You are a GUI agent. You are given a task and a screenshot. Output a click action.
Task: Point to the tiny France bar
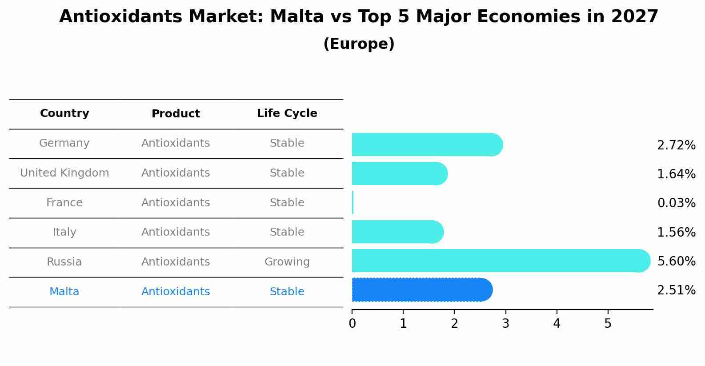click(353, 203)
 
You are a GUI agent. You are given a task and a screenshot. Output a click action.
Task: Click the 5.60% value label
click(676, 261)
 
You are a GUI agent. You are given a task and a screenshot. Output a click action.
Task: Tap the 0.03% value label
click(676, 203)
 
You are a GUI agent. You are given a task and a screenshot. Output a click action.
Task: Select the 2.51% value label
click(676, 290)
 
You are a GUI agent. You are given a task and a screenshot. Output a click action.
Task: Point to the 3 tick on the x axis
click(505, 324)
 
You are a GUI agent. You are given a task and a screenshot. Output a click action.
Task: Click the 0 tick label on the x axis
click(352, 324)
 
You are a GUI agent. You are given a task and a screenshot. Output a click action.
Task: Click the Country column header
click(64, 113)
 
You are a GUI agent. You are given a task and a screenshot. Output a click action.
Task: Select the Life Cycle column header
click(287, 113)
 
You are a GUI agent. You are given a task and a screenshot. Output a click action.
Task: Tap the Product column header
click(176, 114)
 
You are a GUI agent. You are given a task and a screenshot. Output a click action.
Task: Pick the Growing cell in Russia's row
click(287, 262)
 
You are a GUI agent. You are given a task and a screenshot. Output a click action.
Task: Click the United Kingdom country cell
click(64, 173)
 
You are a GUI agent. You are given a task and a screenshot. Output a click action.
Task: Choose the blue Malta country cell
click(64, 292)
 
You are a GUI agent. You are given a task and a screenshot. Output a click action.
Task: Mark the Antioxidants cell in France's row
click(176, 203)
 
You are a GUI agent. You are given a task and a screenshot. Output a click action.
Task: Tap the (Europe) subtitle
click(359, 44)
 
